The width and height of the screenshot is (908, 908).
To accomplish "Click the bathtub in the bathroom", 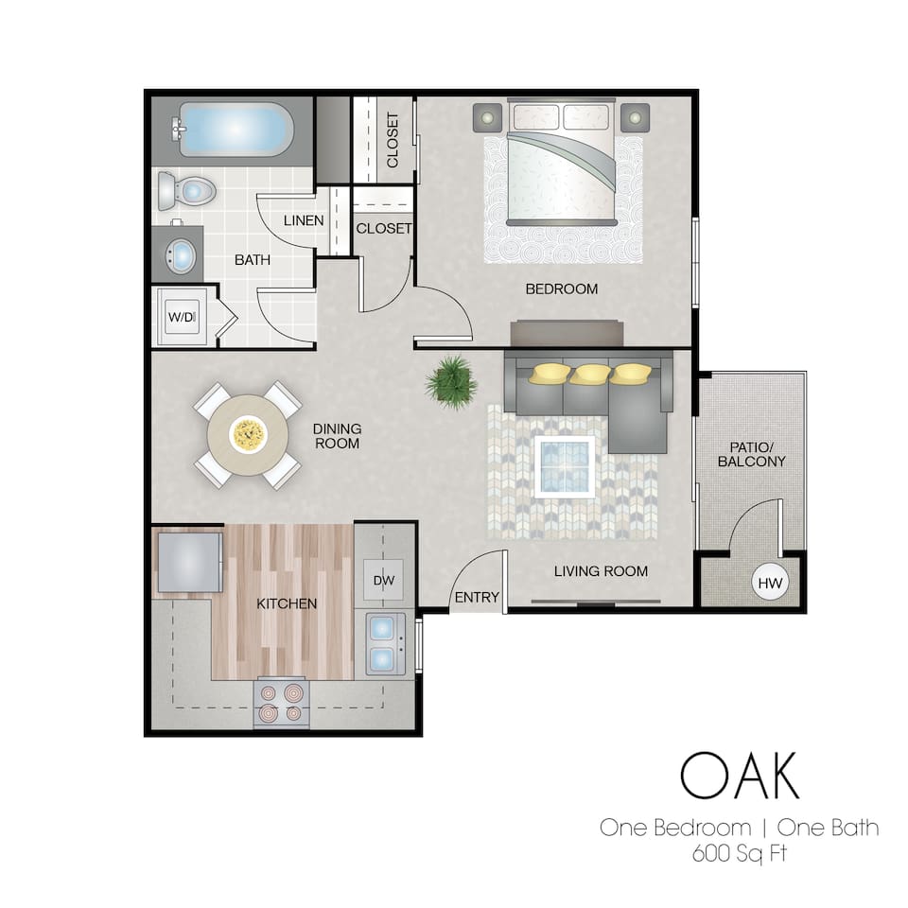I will [x=233, y=131].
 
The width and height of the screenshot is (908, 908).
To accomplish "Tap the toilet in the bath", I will [x=185, y=191].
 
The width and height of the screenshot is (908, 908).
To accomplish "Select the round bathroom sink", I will [x=180, y=253].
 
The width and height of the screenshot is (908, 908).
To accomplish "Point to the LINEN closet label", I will [x=305, y=220].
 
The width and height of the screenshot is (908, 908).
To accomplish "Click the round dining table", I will [x=248, y=435].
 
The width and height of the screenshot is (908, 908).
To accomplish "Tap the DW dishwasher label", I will [x=383, y=580].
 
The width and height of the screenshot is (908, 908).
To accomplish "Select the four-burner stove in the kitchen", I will [x=281, y=703].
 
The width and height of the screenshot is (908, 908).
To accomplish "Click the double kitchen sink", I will [x=386, y=642].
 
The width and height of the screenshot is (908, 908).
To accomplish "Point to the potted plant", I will [x=450, y=381].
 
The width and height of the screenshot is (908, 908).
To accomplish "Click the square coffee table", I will [x=566, y=466].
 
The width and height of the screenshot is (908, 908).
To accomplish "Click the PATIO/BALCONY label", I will [x=751, y=454].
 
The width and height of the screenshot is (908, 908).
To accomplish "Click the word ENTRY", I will [x=477, y=597].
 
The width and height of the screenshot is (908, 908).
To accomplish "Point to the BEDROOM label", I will [x=562, y=288].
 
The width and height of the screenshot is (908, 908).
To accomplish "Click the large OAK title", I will [x=739, y=776].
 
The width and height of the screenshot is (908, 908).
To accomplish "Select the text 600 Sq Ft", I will [x=741, y=854].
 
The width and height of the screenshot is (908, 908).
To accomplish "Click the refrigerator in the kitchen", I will [x=188, y=562].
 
